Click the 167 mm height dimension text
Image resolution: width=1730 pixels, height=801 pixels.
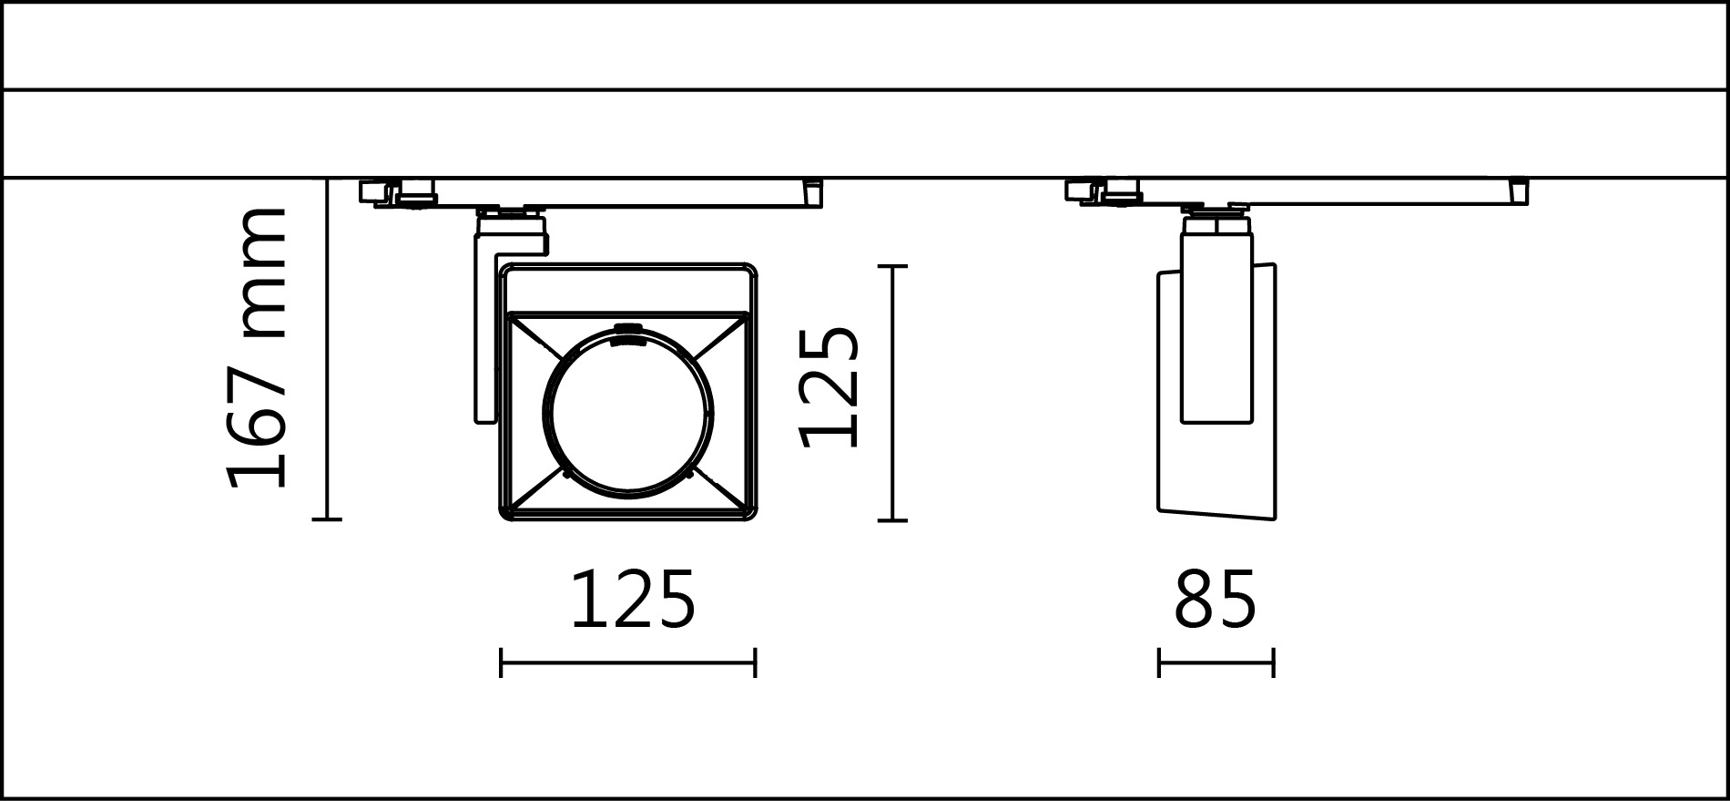[258, 349]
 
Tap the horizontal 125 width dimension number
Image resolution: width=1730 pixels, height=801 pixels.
[633, 601]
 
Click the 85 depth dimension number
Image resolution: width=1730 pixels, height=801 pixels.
[1215, 601]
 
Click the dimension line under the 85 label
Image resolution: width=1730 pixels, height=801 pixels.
[1216, 662]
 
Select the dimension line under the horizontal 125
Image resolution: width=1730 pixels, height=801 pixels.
[627, 662]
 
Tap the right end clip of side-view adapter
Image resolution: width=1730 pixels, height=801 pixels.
[1518, 192]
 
